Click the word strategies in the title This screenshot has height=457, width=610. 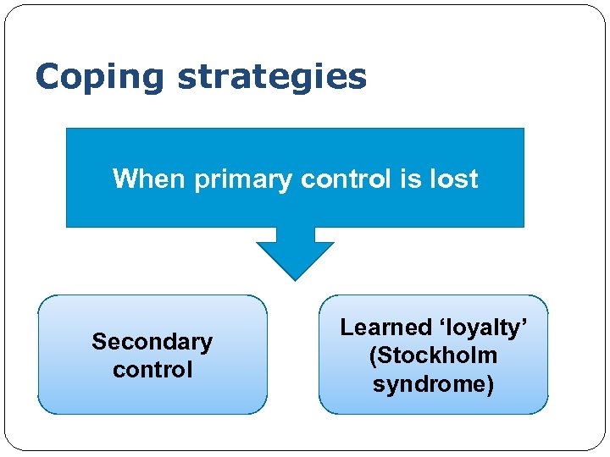272,78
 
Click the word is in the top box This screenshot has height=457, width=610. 411,179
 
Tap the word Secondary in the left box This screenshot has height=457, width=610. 152,342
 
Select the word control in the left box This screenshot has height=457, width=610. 152,370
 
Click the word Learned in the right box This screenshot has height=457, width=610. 385,328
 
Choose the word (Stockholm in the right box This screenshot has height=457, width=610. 433,355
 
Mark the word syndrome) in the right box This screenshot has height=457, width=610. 433,384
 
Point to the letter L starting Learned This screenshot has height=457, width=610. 346,328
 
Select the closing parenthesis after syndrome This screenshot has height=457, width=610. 491,384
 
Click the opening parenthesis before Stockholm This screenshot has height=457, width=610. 372,355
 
